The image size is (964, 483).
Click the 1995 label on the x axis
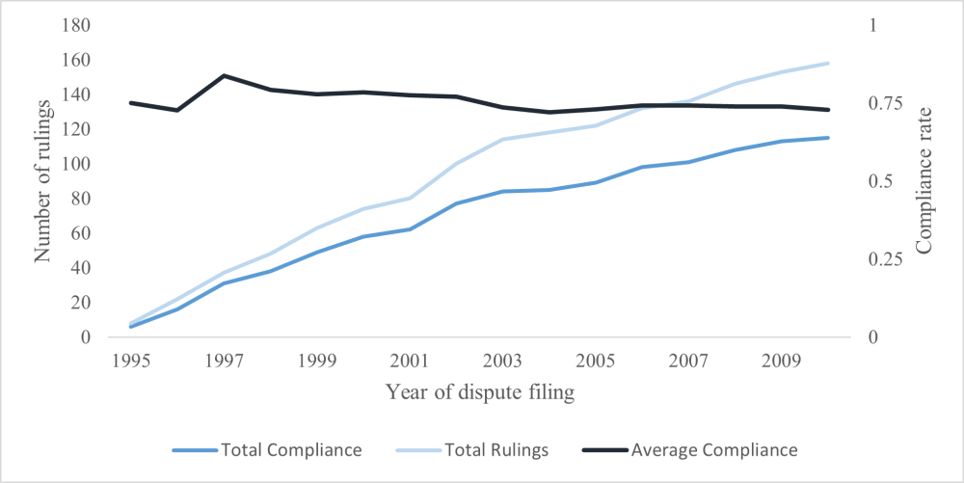[x=131, y=362]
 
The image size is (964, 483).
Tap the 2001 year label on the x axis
[x=410, y=362]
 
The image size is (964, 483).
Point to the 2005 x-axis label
[x=595, y=362]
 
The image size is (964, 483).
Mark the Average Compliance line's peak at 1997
[x=224, y=75]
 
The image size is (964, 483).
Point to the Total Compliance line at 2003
[x=502, y=192]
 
